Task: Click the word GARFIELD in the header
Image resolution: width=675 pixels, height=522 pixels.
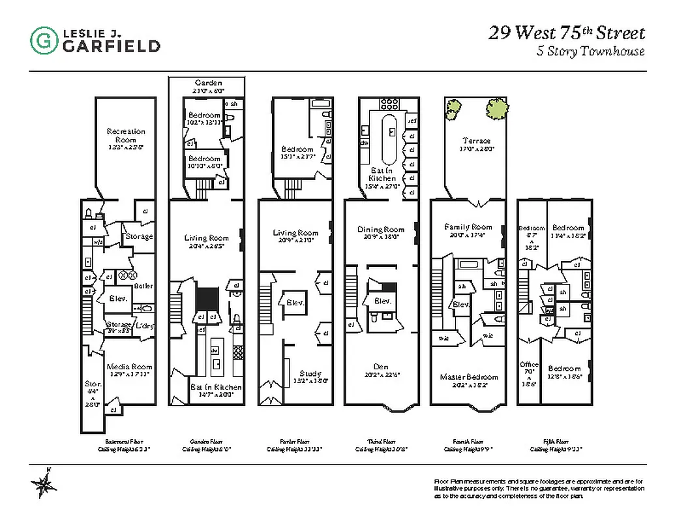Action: (x=111, y=46)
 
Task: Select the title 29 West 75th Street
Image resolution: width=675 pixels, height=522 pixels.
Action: (x=567, y=33)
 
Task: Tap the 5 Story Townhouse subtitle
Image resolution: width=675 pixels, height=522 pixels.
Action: (x=590, y=52)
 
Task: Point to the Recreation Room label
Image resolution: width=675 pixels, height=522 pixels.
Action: (x=126, y=136)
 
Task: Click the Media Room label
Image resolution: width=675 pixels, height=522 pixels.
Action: (x=129, y=367)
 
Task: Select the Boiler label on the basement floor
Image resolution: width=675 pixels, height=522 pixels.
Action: (x=143, y=286)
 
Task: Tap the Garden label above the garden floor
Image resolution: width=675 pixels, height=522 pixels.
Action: (x=208, y=83)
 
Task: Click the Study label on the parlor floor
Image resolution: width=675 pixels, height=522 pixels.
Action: (x=310, y=374)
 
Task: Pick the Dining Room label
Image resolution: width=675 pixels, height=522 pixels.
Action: (x=381, y=229)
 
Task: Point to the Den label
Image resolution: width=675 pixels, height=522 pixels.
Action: (x=382, y=367)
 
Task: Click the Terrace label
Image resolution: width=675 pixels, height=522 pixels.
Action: (x=476, y=140)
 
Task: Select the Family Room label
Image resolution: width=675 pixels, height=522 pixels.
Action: (x=468, y=227)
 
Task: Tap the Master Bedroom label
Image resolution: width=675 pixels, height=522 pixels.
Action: (x=468, y=377)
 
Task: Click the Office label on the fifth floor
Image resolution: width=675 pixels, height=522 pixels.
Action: (x=528, y=365)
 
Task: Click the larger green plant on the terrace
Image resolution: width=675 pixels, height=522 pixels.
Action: (x=497, y=108)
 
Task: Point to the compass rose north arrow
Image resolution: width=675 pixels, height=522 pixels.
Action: (x=44, y=484)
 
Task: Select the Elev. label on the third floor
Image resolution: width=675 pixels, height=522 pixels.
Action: (x=382, y=301)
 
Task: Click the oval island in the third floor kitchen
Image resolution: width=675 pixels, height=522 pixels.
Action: (x=389, y=138)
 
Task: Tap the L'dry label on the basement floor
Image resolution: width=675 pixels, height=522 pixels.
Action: (x=144, y=324)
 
